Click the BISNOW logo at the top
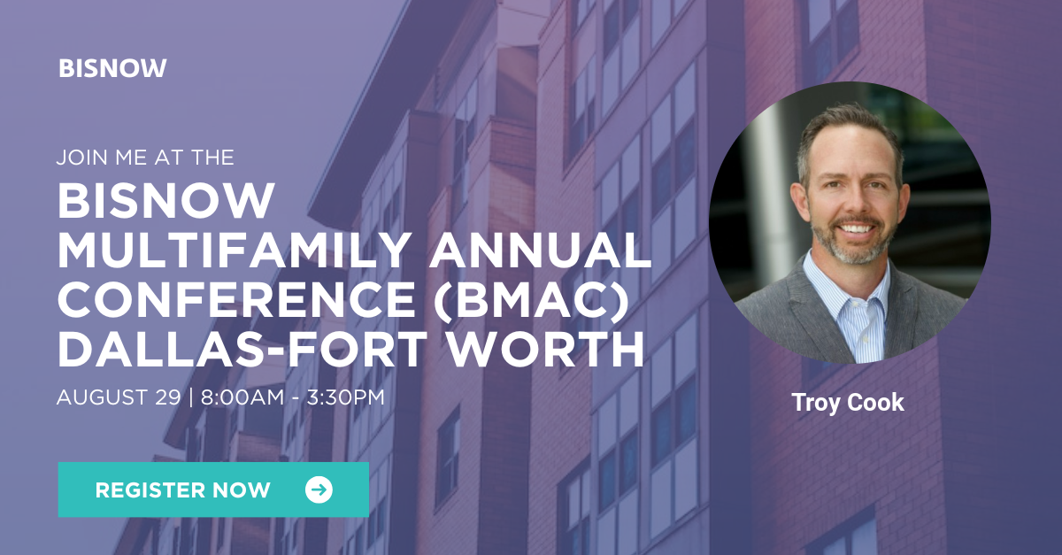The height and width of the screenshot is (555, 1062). [112, 68]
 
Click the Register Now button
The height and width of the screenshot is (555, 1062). [212, 489]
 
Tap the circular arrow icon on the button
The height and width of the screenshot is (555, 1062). [319, 489]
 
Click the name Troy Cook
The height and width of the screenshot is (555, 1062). [848, 403]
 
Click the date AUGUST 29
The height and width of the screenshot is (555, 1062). [118, 397]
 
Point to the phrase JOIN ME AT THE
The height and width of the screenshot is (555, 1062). [145, 158]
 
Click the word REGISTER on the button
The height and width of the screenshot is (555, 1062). [146, 489]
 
